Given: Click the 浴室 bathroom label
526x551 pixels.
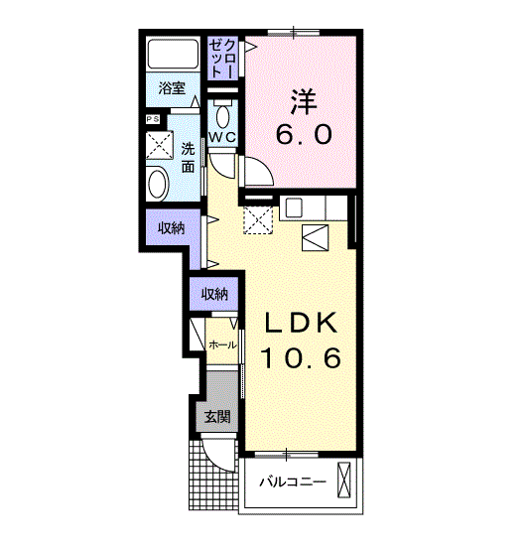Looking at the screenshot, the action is coord(172,87).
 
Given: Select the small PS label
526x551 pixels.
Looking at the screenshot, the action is coord(153,119).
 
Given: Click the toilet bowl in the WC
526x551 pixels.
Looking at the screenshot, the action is coord(222,116).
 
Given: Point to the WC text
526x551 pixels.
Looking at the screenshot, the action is coord(222,137).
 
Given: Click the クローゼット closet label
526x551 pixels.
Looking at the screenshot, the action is coord(222,59).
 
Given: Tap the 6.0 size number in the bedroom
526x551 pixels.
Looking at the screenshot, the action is coord(304,135).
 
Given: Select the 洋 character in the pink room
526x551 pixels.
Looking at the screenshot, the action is coord(304,102).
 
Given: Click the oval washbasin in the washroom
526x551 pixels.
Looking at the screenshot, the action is coord(157,184).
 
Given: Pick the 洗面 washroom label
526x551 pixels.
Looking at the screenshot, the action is coord(188,158).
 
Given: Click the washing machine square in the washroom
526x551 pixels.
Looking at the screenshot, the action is coord(160,145).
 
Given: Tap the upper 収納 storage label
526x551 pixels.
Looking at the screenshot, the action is coord(171,228).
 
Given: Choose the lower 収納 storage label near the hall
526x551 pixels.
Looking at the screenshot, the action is coord(214,294).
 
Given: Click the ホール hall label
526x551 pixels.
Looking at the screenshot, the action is coord(222,344).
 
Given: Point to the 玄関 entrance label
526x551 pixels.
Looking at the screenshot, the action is coord(217,416).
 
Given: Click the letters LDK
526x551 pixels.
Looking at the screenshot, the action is coord(301,323).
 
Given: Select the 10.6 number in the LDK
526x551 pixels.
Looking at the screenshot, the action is coord(301,358).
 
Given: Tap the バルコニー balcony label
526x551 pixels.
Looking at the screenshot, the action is coord(293,482).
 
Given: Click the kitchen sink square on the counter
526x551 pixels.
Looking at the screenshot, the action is coord(294,207).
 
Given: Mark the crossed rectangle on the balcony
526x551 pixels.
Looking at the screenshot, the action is coord(344,481).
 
